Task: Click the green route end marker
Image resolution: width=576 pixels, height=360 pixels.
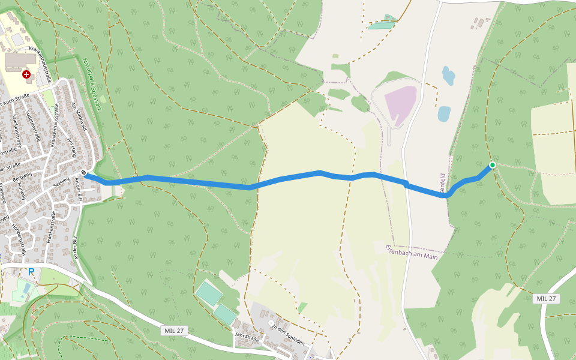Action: click(492, 165)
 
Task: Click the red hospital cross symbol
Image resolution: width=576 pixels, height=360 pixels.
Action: click(26, 74)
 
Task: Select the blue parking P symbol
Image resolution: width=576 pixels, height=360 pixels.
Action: click(31, 272)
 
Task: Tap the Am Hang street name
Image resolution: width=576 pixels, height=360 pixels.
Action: click(73, 145)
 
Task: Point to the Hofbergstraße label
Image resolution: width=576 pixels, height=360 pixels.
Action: click(18, 240)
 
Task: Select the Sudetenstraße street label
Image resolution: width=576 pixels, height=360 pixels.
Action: click(34, 126)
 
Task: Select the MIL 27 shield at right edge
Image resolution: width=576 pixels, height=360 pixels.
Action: click(546, 299)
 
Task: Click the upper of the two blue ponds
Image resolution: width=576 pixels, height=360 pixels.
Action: click(448, 76)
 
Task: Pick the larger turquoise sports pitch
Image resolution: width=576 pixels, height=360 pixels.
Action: click(209, 293)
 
